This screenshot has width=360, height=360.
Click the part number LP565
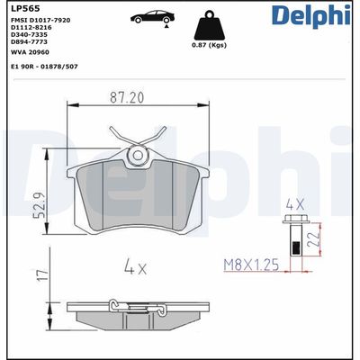(22, 9)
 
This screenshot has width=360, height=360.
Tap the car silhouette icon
(151, 18)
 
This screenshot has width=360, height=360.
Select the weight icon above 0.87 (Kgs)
(209, 24)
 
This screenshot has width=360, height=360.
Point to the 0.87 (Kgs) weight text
(209, 46)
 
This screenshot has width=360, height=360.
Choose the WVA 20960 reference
(30, 53)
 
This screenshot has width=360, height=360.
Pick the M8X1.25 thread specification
(258, 265)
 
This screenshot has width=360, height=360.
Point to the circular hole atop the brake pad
(138, 154)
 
